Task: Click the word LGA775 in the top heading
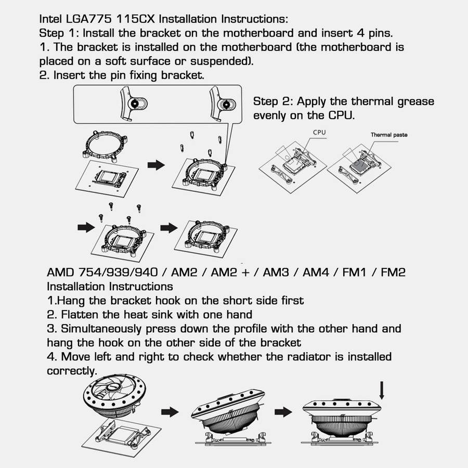88,19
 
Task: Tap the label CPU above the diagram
319,132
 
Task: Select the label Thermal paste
389,135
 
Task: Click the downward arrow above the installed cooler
382,390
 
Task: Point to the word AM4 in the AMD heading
316,272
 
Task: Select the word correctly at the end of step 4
72,371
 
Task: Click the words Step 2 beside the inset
273,101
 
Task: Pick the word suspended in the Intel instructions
222,61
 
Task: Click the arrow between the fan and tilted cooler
170,412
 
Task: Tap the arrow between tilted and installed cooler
283,412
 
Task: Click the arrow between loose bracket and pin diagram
156,165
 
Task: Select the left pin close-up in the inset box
133,103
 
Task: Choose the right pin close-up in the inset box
223,103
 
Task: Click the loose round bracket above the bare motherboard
105,146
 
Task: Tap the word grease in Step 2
416,102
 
